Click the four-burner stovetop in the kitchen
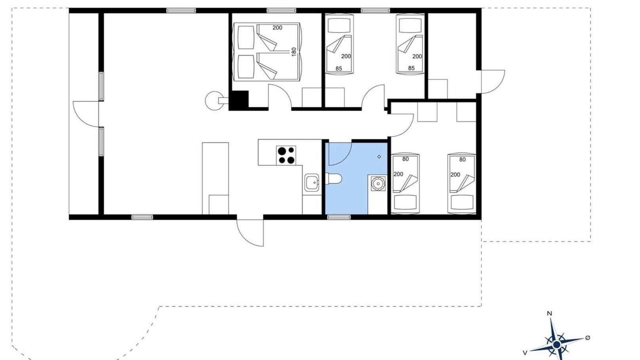coord(286,155)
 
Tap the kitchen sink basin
coord(311,182)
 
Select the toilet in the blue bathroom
coord(333,179)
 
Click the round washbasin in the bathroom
coord(378,183)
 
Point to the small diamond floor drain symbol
coord(379,156)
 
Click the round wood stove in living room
coord(214,100)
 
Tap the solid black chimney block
coord(239,100)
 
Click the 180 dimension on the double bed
coord(293,51)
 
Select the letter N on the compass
coord(549,313)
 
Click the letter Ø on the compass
coord(587,337)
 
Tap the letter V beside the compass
coord(525,353)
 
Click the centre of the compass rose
coord(556,344)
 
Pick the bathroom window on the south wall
coord(339,217)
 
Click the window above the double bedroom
coord(281,10)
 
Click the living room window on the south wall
coord(142,217)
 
